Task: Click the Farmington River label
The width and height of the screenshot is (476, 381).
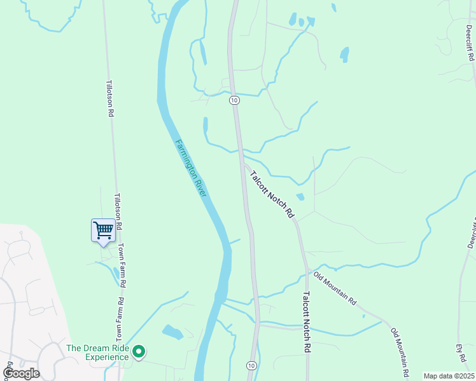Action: tap(191, 168)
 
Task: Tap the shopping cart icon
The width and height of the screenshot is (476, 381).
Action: tap(102, 231)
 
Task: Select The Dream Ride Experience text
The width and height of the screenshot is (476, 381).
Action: tap(97, 352)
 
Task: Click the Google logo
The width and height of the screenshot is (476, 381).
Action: tap(21, 373)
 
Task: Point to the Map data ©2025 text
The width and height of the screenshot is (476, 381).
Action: tap(448, 376)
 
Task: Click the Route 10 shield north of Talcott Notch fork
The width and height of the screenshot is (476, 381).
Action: tap(235, 100)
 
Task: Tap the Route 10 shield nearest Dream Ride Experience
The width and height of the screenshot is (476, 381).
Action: tap(251, 366)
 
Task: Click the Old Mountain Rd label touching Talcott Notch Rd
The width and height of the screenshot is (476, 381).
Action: tap(335, 288)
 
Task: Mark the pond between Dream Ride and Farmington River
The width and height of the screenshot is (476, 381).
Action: tap(172, 331)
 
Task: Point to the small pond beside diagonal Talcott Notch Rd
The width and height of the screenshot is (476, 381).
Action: tap(300, 197)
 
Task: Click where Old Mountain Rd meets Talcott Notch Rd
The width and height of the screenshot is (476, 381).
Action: tap(309, 271)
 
